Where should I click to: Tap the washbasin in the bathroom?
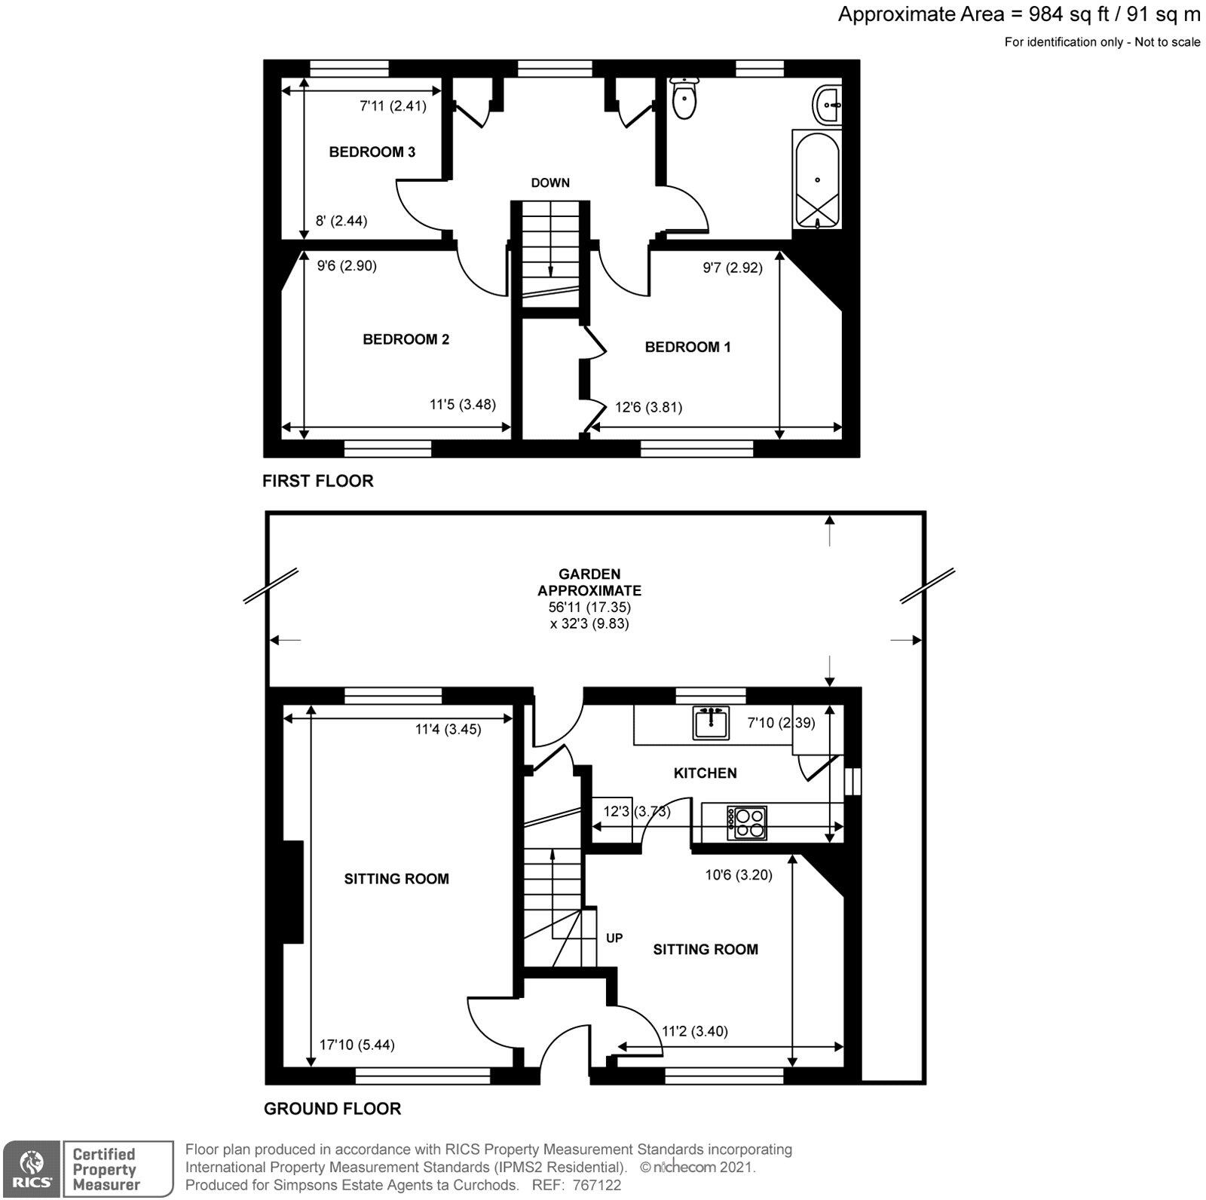[828, 104]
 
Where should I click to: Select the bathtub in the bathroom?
[817, 179]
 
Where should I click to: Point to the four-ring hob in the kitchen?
[748, 822]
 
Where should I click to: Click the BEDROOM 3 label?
[372, 152]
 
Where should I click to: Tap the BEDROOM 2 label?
[406, 339]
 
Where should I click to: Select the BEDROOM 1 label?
[687, 347]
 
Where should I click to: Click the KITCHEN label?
[705, 773]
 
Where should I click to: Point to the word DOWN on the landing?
[550, 183]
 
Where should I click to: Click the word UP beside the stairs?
[614, 938]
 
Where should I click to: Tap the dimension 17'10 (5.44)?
[357, 1045]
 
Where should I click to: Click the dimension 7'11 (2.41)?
[393, 106]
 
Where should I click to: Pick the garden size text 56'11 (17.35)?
[584, 608]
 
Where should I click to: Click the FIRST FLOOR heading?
[317, 481]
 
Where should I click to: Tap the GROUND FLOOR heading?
[332, 1109]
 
